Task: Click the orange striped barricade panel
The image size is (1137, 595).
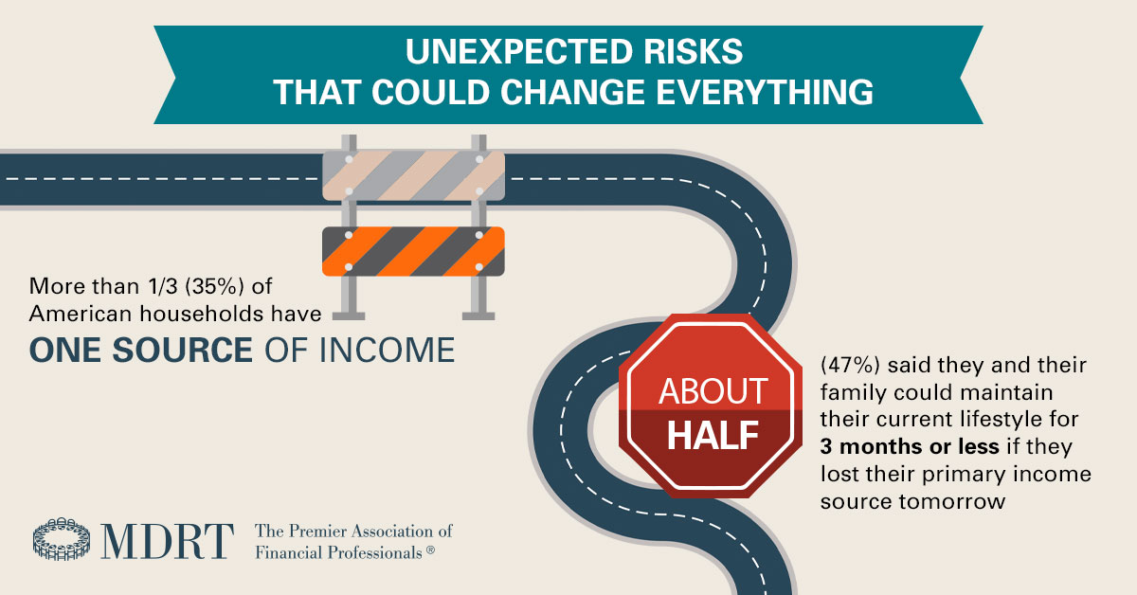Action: (x=413, y=251)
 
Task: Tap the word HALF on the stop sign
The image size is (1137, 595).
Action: (x=713, y=435)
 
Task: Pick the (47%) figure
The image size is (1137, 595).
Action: (x=831, y=365)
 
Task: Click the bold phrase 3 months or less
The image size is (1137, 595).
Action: (x=890, y=446)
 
